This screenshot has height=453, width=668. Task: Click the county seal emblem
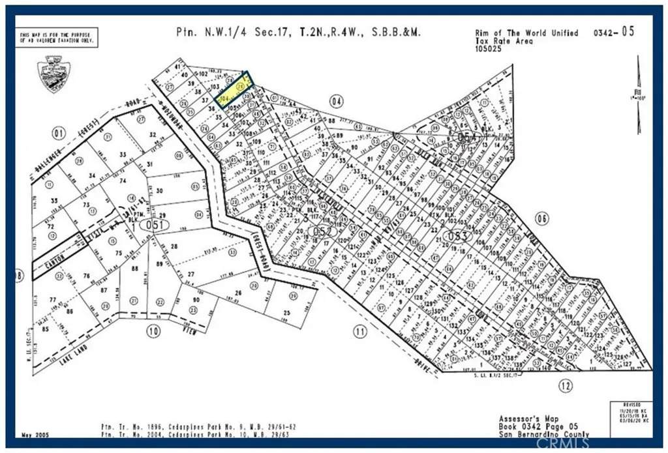(55, 74)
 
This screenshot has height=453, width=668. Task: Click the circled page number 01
(59, 134)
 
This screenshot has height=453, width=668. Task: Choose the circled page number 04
(337, 101)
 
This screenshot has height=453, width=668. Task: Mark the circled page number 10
(153, 331)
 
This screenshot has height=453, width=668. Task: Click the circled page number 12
(566, 386)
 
